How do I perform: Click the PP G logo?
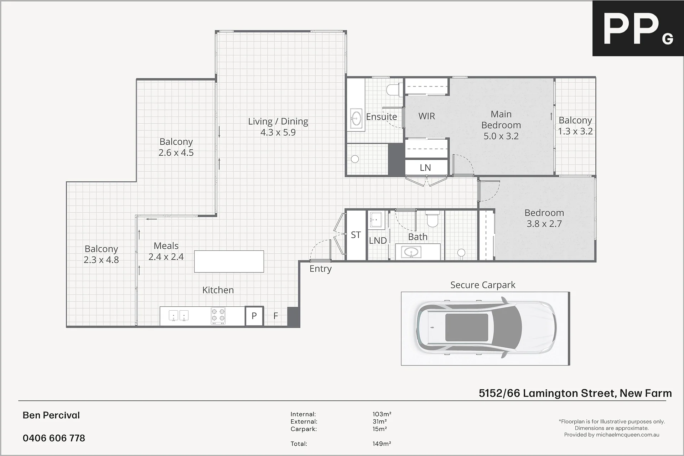pyautogui.click(x=638, y=28)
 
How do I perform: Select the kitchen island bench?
pyautogui.click(x=229, y=261)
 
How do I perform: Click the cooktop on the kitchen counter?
pyautogui.click(x=218, y=316)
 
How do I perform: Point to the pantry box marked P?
pyautogui.click(x=254, y=316)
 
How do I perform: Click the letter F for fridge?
pyautogui.click(x=275, y=316)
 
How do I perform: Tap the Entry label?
pyautogui.click(x=320, y=269)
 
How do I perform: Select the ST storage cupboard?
pyautogui.click(x=356, y=235)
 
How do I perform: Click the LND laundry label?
pyautogui.click(x=378, y=240)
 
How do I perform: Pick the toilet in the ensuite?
pyautogui.click(x=394, y=89)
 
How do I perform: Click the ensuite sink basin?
pyautogui.click(x=356, y=118)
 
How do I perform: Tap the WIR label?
pyautogui.click(x=426, y=116)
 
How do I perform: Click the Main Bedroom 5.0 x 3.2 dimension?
pyautogui.click(x=501, y=136)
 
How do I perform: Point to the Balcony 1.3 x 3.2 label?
pyautogui.click(x=575, y=126)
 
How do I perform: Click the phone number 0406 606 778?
pyautogui.click(x=54, y=438)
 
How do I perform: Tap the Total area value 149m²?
pyautogui.click(x=382, y=444)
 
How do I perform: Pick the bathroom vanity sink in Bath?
pyautogui.click(x=411, y=253)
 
